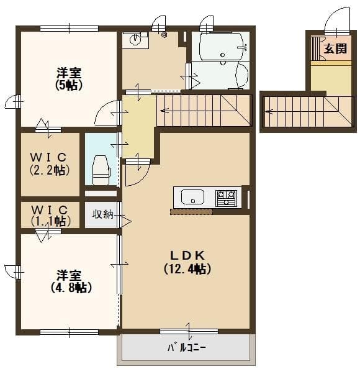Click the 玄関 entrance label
coord(335,48)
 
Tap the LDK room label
coord(187,262)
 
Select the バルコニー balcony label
coord(187,347)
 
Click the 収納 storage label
coord(102,214)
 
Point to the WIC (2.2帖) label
coord(50,163)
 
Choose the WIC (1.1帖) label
coord(50,216)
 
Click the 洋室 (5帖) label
coord(69,79)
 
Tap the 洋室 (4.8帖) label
coord(71,281)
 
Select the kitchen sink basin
coord(192,197)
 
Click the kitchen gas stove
coord(226,198)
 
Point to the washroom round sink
coord(135,39)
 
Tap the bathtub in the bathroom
coord(222,46)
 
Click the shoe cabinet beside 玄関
coord(315,48)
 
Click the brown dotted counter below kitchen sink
coord(191,212)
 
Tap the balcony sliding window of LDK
coord(189,331)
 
